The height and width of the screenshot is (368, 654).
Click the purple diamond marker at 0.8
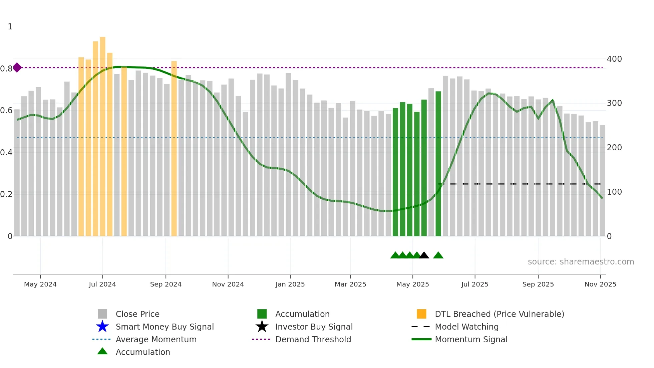click(x=17, y=67)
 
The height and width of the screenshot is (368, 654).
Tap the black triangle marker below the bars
click(x=424, y=255)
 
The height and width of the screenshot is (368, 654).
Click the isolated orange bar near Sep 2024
click(x=174, y=149)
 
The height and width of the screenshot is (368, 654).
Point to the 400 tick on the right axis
click(x=614, y=59)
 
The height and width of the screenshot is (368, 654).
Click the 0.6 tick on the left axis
click(x=6, y=111)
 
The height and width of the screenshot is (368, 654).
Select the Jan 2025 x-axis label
click(x=290, y=284)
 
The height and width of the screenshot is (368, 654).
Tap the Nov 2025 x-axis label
click(x=600, y=284)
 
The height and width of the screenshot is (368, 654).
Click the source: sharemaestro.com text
click(x=581, y=262)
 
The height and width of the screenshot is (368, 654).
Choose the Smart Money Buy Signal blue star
click(x=102, y=327)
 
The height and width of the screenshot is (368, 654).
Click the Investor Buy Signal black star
click(x=262, y=327)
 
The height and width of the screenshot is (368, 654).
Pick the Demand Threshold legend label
click(x=313, y=339)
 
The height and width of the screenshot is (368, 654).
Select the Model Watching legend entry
click(x=466, y=327)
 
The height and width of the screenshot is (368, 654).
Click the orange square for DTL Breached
click(x=421, y=314)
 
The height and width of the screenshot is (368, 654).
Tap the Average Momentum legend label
click(x=156, y=339)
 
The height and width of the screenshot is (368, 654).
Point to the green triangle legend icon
click(x=102, y=351)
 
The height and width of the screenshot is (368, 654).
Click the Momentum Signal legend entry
click(x=471, y=339)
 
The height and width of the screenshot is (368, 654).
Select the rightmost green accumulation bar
click(x=438, y=164)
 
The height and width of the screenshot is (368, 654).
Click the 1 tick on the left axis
click(x=10, y=27)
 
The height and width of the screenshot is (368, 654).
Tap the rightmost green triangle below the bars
click(x=438, y=255)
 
